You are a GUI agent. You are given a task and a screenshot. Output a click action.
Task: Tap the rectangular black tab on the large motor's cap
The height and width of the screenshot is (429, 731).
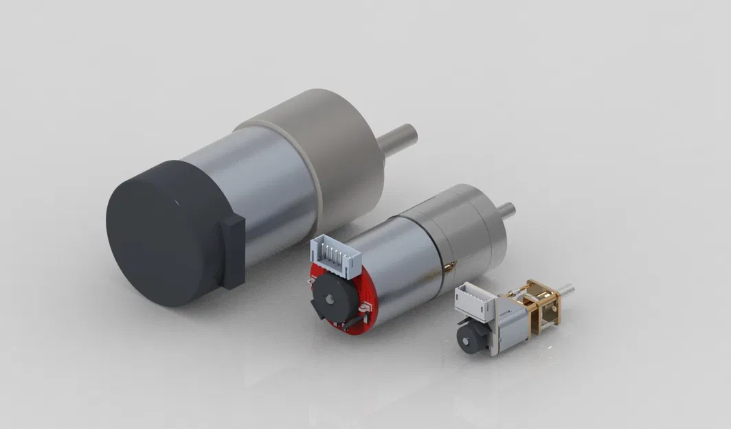tap(233, 251)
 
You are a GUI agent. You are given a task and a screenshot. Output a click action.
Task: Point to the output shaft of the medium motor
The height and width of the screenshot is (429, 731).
tap(506, 209)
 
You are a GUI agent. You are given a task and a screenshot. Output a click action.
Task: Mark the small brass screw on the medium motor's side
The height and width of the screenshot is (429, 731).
tap(445, 265)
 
